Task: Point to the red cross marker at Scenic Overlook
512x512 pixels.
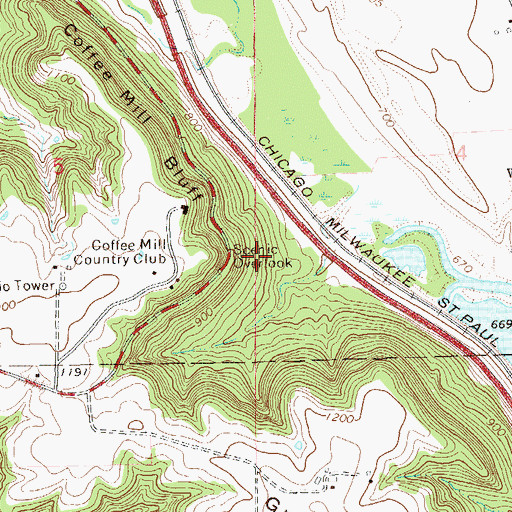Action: pyautogui.click(x=258, y=257)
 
